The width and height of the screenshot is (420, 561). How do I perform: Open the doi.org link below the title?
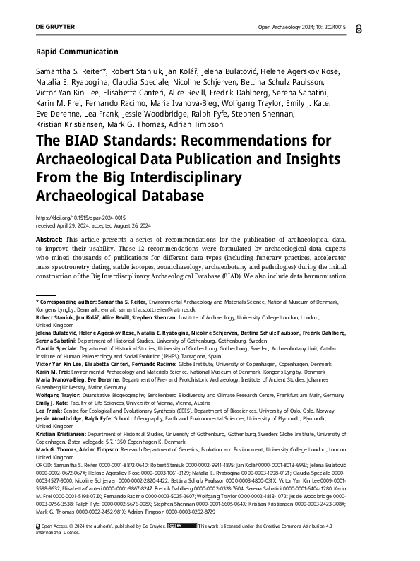[x=80, y=219]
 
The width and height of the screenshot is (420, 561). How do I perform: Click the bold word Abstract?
[x=49, y=241]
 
